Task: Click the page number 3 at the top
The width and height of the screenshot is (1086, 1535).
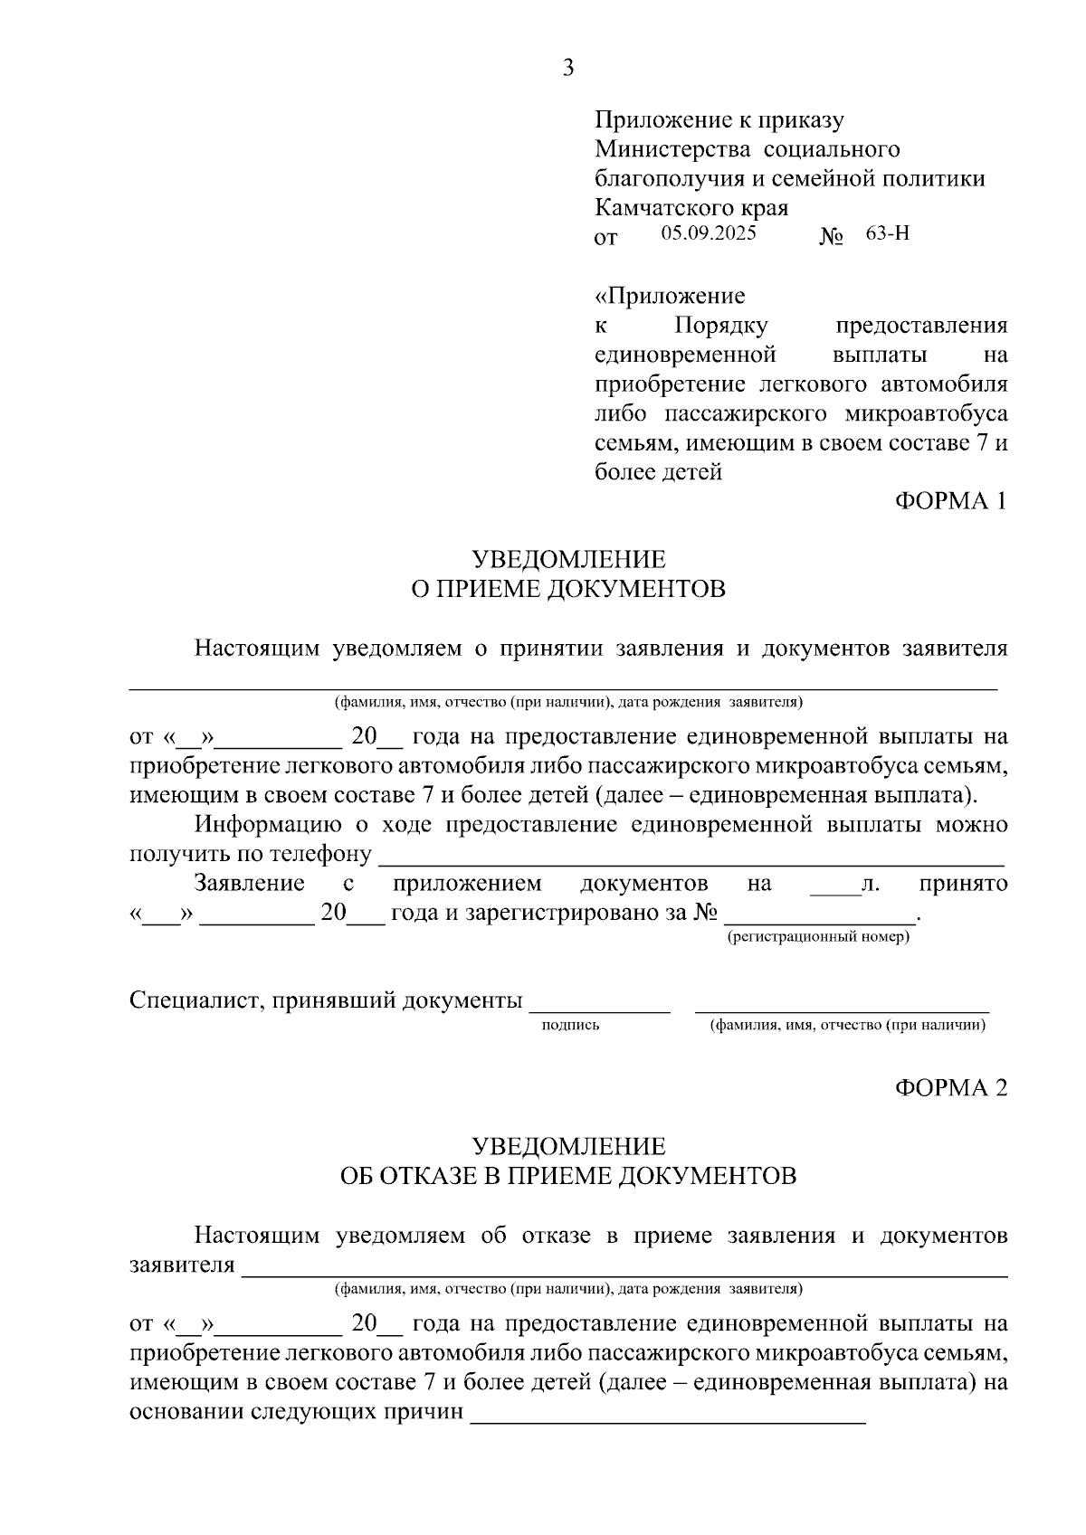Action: tap(567, 68)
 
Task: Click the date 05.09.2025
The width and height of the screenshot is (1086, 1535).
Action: tap(708, 232)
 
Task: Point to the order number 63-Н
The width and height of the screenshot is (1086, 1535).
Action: tap(887, 232)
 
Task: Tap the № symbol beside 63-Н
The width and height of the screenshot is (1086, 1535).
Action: tap(831, 238)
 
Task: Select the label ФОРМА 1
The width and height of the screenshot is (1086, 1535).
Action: tap(950, 500)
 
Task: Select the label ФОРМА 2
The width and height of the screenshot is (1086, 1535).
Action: tap(950, 1087)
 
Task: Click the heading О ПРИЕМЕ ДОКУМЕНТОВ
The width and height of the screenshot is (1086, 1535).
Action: tap(568, 589)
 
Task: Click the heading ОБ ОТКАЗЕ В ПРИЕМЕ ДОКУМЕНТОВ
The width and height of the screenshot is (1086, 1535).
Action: tap(568, 1176)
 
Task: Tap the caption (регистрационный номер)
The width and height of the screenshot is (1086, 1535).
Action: tap(818, 937)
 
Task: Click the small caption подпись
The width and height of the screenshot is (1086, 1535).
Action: tap(570, 1025)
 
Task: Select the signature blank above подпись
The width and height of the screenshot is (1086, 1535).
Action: tap(599, 1006)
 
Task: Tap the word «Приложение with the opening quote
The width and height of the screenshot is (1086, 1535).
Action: tap(670, 296)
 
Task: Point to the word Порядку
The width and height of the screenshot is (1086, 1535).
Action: tap(721, 326)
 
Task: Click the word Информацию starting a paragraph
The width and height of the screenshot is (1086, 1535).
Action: tap(268, 824)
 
